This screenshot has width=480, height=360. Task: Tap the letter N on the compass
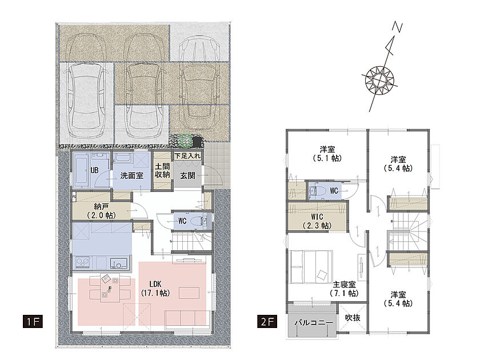[x=398, y=27]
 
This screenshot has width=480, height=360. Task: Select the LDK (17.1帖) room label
[x=155, y=289]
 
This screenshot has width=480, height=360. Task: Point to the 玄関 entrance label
[x=187, y=175]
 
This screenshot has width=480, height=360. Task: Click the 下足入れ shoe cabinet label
[x=187, y=156]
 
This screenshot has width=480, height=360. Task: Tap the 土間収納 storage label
[x=162, y=170]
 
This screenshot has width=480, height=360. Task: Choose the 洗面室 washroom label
[x=131, y=175]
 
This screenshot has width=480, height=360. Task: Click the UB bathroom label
[x=94, y=170]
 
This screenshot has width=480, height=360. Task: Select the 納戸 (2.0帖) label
[x=101, y=211]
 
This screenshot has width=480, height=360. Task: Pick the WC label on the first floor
[x=182, y=221]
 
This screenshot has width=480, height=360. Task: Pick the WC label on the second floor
[x=334, y=191]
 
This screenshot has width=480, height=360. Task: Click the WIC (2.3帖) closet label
[x=317, y=221]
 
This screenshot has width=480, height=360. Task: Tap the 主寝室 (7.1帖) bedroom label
[x=344, y=289]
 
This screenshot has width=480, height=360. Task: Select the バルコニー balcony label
[x=314, y=323]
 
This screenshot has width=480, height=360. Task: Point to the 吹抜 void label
[x=353, y=318]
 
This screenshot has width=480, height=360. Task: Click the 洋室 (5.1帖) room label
[x=327, y=154]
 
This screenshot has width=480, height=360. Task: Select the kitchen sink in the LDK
[x=119, y=263]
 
